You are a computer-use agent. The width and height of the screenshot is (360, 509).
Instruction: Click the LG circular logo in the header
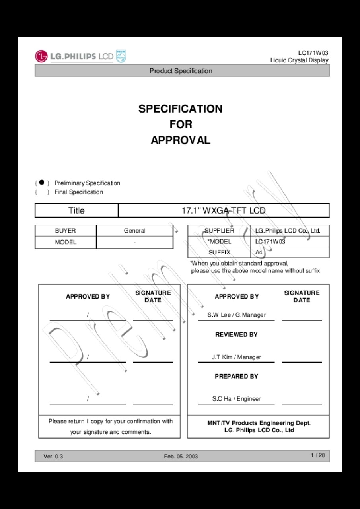tap(41, 56)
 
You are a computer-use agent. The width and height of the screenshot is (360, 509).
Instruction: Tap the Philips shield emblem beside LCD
tap(121, 56)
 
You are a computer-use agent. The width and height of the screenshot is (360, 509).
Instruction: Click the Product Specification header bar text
tap(181, 71)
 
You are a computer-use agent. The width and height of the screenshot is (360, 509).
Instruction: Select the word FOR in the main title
tap(181, 124)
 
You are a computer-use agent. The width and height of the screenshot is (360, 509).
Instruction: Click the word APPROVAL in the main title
tap(181, 140)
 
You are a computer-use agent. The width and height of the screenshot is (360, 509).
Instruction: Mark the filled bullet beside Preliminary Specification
tap(41, 183)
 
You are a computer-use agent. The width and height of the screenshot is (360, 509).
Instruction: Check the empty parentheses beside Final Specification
tap(41, 192)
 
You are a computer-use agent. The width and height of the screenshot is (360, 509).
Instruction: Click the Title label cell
tap(76, 210)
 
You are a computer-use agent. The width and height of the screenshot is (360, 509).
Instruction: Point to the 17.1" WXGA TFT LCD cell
tap(223, 210)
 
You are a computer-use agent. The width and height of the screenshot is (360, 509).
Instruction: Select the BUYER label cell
tap(65, 231)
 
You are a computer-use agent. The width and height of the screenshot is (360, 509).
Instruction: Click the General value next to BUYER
tap(134, 231)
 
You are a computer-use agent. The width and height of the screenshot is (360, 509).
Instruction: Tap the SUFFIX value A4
tap(259, 252)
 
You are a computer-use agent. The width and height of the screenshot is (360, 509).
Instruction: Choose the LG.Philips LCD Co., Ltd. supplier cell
tap(288, 231)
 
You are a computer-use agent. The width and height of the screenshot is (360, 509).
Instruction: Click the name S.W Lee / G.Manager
tap(236, 315)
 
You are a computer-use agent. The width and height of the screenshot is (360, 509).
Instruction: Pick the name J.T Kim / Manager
tap(236, 357)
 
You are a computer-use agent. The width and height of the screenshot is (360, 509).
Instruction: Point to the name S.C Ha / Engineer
tap(236, 399)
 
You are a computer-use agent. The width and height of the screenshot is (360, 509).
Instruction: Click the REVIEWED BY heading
tap(236, 335)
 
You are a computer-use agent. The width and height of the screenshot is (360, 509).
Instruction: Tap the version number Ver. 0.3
tap(53, 456)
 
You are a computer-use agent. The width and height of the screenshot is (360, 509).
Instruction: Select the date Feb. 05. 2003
tap(181, 456)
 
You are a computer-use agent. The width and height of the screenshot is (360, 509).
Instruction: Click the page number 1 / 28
tap(318, 455)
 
